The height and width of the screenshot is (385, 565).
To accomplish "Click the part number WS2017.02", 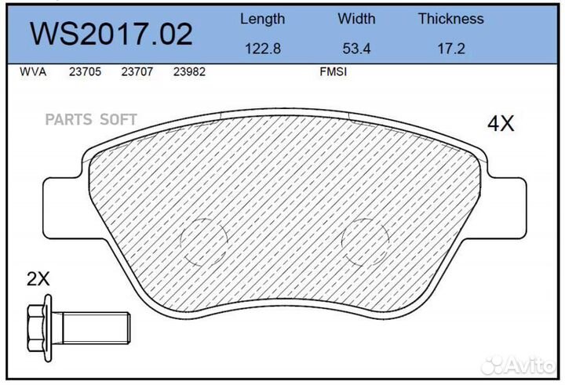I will tap(111, 34).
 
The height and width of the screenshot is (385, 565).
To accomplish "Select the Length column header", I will tap(262, 19).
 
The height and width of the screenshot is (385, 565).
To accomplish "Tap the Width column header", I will tap(357, 19).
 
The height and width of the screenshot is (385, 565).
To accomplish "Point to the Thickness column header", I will tap(450, 19).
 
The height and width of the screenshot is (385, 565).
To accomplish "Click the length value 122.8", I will tap(262, 48).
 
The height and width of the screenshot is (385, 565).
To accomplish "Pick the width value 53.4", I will tap(357, 48).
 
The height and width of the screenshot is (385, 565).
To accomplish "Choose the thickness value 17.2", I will tap(450, 48).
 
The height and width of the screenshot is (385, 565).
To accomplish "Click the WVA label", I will tap(33, 71).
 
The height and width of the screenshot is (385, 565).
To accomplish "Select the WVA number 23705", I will tap(84, 71).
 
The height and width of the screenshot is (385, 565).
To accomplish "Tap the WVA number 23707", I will tap(137, 71).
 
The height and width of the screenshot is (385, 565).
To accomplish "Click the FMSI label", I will tap(333, 71).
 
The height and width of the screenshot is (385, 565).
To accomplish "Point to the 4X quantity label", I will tap(501, 124).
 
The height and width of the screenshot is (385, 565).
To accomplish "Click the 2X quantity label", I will tap(38, 278).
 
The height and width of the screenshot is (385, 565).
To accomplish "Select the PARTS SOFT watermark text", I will tap(91, 119).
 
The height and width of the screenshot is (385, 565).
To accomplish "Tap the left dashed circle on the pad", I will tap(203, 241).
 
